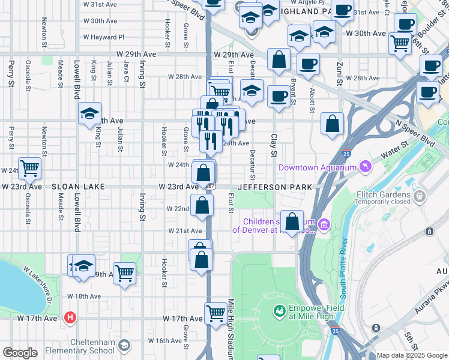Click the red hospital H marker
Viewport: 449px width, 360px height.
70,317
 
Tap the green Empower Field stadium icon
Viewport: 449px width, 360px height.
279,311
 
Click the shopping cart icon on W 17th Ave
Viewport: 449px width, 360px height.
215,312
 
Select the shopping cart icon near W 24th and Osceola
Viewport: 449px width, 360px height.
29,168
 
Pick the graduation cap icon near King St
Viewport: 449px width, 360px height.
89,113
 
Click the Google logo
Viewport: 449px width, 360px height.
20,352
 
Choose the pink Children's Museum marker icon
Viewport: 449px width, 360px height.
324,226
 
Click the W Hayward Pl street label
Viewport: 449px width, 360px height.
103,37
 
